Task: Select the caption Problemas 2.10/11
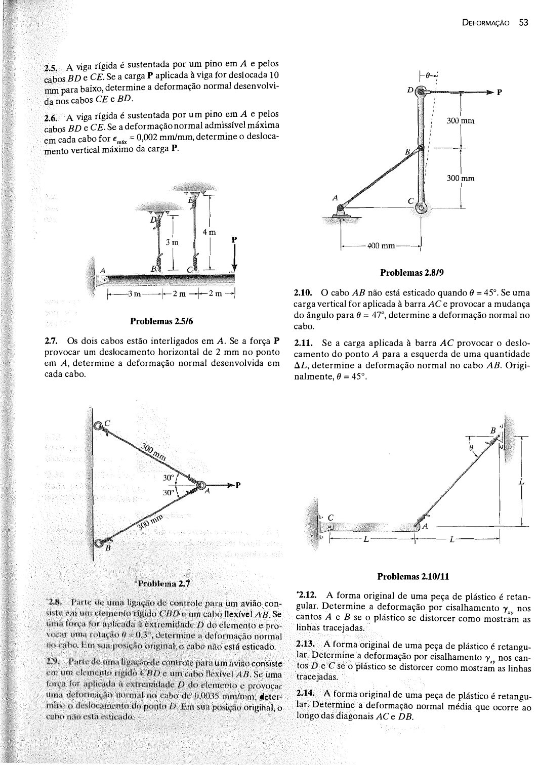pyautogui.click(x=413, y=576)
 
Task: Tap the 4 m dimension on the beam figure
pyautogui.click(x=209, y=232)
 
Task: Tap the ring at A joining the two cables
pyautogui.click(x=199, y=486)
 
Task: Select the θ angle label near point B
pyautogui.click(x=472, y=447)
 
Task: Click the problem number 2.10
pyautogui.click(x=303, y=293)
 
